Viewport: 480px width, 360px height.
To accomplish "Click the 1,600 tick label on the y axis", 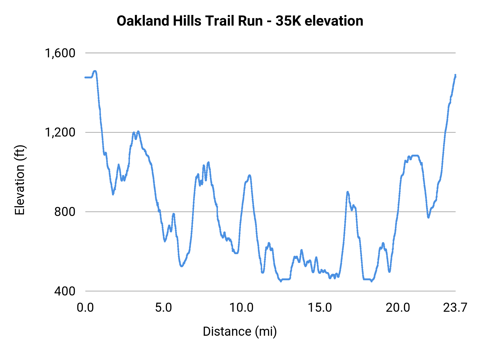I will point(60,53).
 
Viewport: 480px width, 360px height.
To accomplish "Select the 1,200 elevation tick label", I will point(60,132).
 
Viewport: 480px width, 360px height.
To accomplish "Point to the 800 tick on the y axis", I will point(65,212).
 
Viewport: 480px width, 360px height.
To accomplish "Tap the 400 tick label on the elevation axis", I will point(65,291).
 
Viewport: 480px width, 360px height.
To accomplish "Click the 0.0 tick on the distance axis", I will point(85,308).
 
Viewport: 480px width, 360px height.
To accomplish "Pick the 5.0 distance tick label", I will point(163,308).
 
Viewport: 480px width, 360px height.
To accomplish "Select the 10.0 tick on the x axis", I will point(241,308).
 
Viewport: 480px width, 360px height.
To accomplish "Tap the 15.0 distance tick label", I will point(320,308).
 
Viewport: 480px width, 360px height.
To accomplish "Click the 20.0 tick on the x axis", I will point(398,308).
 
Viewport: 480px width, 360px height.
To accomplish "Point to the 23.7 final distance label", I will point(455,308).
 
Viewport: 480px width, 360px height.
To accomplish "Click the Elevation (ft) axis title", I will point(20,180).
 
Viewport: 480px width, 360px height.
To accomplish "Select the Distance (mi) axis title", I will point(240,331).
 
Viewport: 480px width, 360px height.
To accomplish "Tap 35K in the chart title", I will point(288,21).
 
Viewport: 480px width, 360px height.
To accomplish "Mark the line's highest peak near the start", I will point(95,71).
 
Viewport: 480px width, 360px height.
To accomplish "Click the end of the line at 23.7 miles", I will point(455,75).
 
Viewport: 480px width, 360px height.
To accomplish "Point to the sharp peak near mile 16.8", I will point(347,192).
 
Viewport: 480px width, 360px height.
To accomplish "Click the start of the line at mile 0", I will point(85,77).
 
